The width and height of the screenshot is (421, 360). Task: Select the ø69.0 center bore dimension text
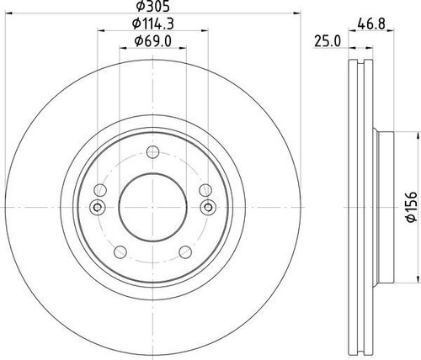(152, 42)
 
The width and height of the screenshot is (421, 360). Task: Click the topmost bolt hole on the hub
(152, 152)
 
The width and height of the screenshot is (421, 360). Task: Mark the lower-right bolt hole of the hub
(184, 250)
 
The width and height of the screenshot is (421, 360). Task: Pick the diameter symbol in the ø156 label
(412, 218)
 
